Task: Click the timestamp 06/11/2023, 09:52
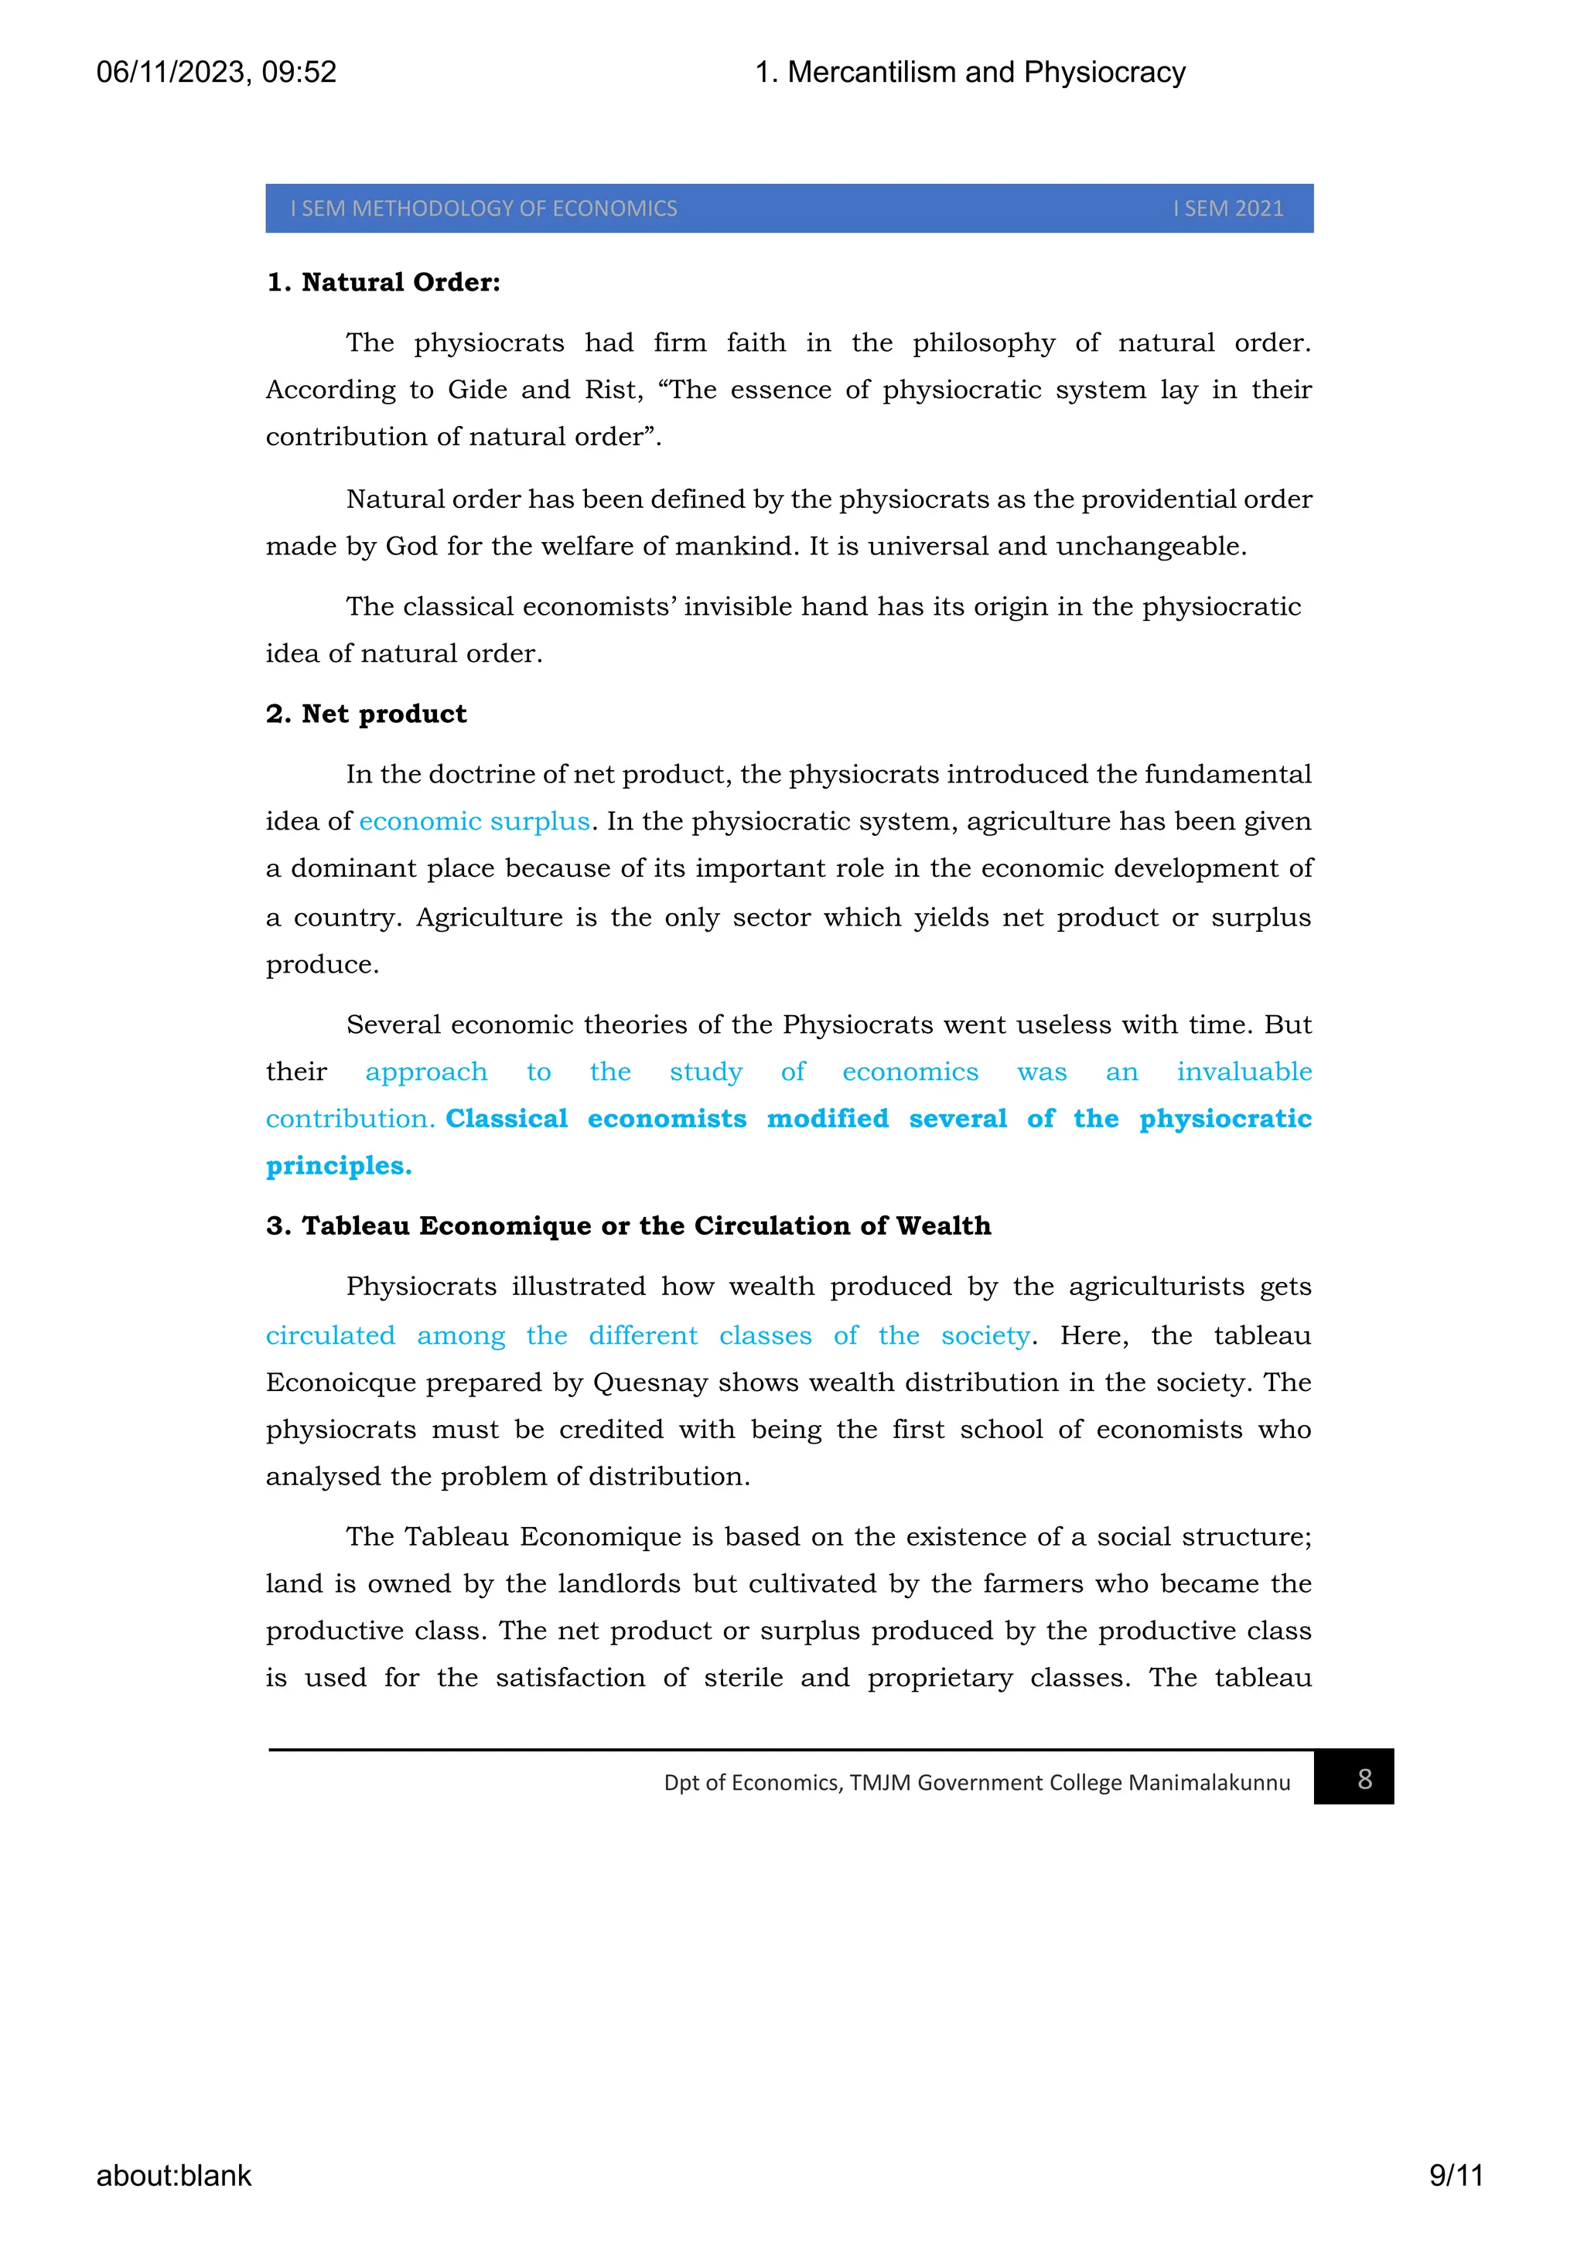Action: click(x=216, y=72)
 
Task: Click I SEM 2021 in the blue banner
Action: click(x=1227, y=209)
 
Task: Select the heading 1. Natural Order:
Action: click(x=383, y=282)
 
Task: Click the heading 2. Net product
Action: click(x=366, y=714)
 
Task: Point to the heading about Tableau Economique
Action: click(x=627, y=1226)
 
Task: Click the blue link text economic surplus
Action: click(x=474, y=822)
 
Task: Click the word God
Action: click(x=411, y=546)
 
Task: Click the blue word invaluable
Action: click(x=1243, y=1072)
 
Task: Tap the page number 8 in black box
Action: click(x=1364, y=1779)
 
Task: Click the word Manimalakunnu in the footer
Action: click(x=1209, y=1783)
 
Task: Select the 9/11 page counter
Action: click(x=1455, y=2176)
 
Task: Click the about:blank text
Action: click(x=174, y=2176)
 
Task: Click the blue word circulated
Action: click(x=330, y=1335)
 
